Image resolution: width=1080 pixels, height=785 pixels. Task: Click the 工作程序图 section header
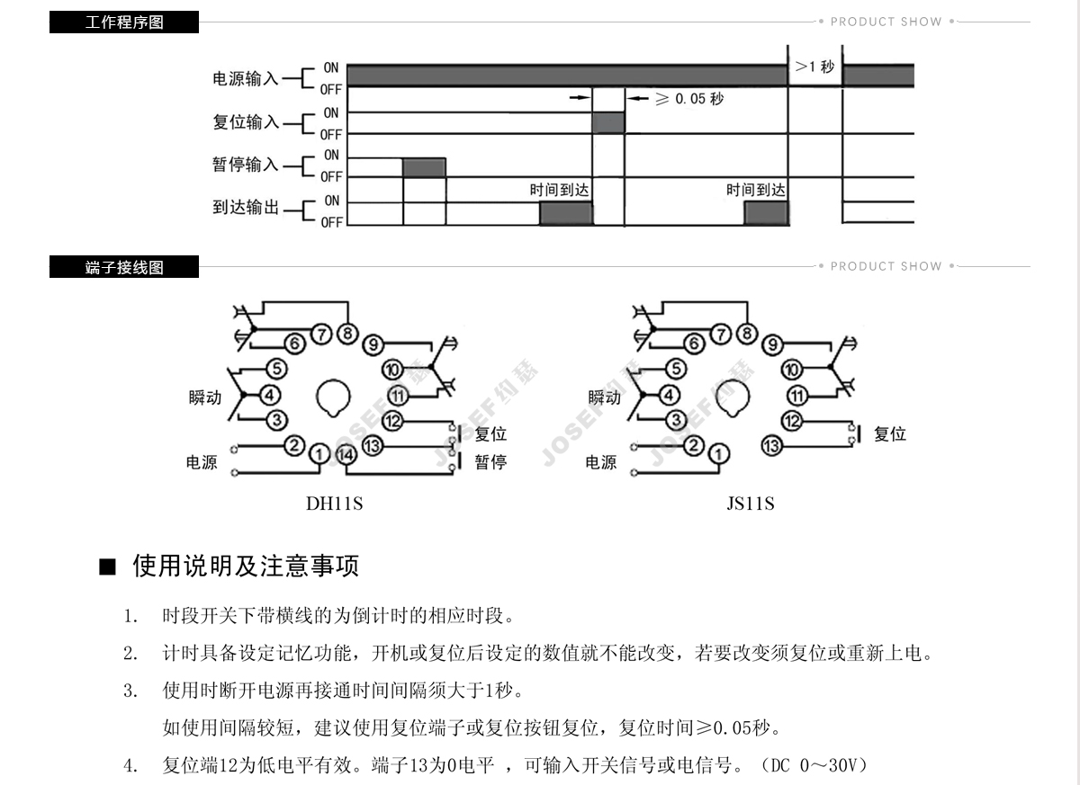tap(124, 22)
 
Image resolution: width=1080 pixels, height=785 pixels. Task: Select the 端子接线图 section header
tap(124, 267)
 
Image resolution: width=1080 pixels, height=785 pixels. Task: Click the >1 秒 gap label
tap(815, 67)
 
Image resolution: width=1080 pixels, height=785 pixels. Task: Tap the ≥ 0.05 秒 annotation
tap(689, 98)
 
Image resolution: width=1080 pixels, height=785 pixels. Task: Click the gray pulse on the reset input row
tap(608, 123)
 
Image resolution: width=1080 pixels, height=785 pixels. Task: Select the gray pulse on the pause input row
tap(424, 167)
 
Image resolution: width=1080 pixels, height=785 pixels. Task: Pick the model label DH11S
tap(335, 504)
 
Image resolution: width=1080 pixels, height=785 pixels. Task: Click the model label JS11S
tap(751, 504)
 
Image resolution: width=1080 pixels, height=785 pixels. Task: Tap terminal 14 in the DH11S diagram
tap(346, 456)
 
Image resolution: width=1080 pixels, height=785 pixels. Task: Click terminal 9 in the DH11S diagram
tap(373, 344)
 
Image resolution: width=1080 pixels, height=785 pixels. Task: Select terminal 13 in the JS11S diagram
tap(771, 445)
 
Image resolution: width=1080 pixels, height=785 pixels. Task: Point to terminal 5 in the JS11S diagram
tap(674, 369)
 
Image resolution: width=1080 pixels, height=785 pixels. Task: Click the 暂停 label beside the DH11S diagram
tap(490, 462)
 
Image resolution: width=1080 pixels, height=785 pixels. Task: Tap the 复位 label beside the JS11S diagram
tap(889, 434)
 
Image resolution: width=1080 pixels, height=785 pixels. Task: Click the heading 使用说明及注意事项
tap(246, 566)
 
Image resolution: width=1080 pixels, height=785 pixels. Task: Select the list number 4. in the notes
tap(131, 766)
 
